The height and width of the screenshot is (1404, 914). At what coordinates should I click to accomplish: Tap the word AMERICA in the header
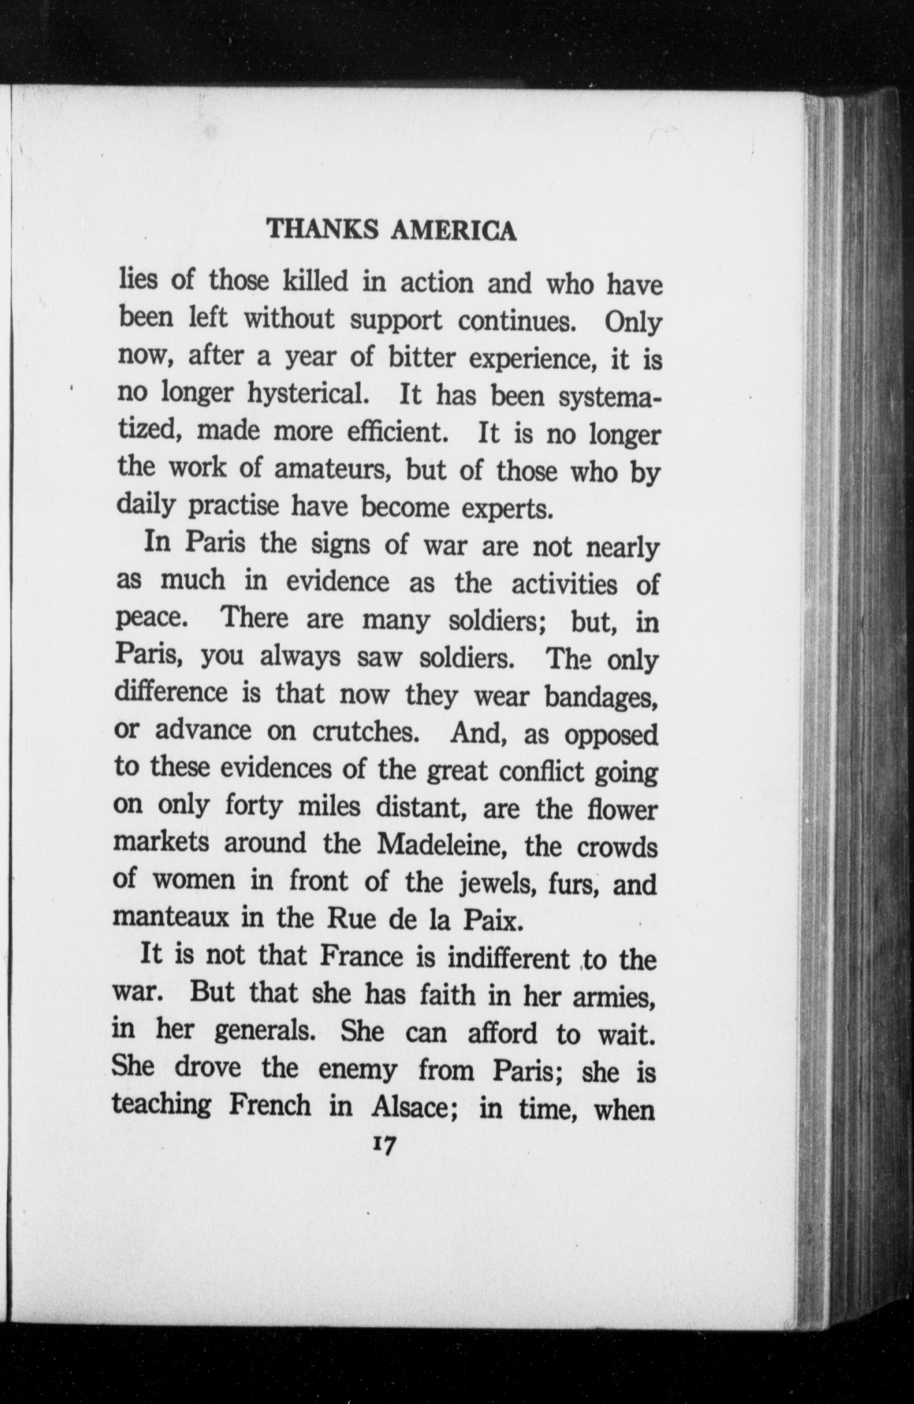tap(453, 231)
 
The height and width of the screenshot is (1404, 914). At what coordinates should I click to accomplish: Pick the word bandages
tap(601, 697)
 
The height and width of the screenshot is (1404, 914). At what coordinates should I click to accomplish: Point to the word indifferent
tap(508, 958)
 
